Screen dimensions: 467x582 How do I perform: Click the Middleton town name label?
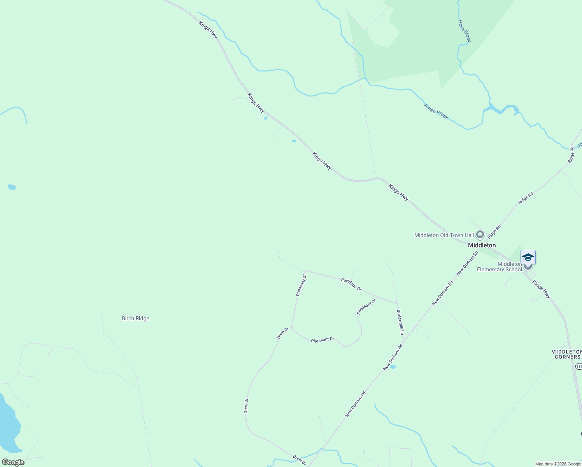click(482, 245)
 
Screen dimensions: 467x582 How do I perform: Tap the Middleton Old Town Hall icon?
click(480, 234)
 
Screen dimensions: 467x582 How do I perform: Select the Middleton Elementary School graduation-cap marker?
click(528, 258)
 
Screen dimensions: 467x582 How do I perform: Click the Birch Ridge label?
click(135, 318)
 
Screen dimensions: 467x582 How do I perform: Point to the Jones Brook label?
click(436, 111)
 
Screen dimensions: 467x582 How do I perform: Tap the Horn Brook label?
click(464, 31)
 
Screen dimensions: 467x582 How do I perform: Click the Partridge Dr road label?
click(351, 284)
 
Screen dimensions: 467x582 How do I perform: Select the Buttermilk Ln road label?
click(400, 322)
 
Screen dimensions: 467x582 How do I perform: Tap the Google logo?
click(13, 462)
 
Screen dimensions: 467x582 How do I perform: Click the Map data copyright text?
click(557, 464)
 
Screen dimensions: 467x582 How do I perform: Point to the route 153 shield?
click(579, 367)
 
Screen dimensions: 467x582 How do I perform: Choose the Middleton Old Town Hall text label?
click(444, 235)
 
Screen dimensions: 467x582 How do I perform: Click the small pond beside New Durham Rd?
click(392, 367)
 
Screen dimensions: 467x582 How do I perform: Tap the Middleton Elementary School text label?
click(500, 267)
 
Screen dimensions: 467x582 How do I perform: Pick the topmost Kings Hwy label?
click(208, 30)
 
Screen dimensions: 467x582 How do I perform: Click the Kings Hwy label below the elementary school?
click(541, 290)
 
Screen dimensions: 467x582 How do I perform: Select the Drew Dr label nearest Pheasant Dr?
click(283, 333)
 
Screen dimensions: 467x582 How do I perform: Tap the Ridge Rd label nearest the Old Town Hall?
click(494, 232)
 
